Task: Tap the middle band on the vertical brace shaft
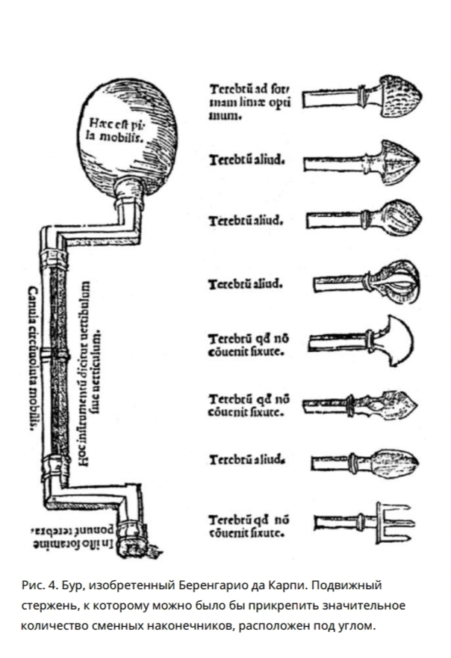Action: pyautogui.click(x=53, y=351)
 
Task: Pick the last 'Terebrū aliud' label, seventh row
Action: pyautogui.click(x=247, y=458)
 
